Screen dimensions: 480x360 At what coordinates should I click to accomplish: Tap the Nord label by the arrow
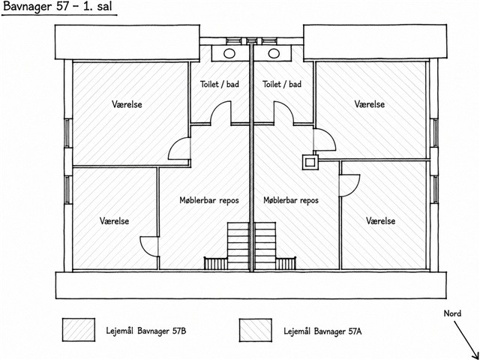click(x=452, y=313)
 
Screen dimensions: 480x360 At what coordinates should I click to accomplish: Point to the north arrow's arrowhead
click(x=475, y=355)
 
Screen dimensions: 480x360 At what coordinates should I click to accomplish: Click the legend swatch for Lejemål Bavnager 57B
click(x=79, y=330)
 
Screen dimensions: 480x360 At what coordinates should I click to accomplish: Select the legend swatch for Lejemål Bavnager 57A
click(x=255, y=330)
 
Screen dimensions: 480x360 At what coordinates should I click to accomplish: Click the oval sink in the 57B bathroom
click(x=229, y=53)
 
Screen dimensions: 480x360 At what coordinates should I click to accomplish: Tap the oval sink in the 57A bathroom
click(x=274, y=53)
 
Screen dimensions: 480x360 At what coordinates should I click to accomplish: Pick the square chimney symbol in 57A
click(x=310, y=162)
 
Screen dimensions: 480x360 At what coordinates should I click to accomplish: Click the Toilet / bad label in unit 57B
click(x=220, y=84)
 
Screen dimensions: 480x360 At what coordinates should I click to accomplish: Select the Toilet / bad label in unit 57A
click(x=282, y=84)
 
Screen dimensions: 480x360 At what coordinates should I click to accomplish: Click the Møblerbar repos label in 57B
click(x=209, y=200)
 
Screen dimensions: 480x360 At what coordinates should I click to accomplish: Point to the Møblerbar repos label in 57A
click(x=291, y=200)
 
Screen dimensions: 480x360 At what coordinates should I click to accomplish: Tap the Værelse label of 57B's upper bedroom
click(x=127, y=104)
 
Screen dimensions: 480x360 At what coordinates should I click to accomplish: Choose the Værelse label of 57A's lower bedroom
click(x=381, y=220)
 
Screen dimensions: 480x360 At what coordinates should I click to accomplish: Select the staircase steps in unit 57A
click(x=265, y=246)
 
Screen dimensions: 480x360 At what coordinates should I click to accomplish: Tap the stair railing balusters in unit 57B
click(x=216, y=263)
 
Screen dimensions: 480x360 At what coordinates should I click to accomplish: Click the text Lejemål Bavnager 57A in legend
click(x=322, y=331)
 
